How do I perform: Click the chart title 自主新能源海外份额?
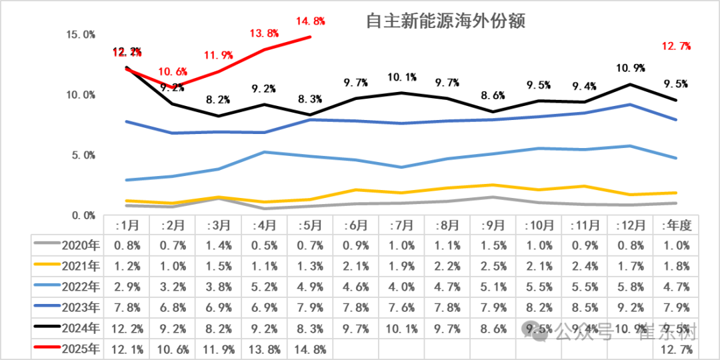pos(446,21)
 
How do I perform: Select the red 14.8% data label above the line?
pos(310,21)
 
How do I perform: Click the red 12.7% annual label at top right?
pos(675,47)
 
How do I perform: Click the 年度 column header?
pos(675,225)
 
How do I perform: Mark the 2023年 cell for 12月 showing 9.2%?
pos(630,308)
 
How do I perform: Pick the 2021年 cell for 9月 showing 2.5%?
pos(493,267)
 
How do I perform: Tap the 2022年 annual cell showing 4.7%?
pos(675,287)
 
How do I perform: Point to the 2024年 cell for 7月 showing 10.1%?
pos(402,329)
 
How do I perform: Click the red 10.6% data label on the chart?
pos(173,72)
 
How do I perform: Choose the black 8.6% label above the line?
pos(493,95)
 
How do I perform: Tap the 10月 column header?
pos(539,225)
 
